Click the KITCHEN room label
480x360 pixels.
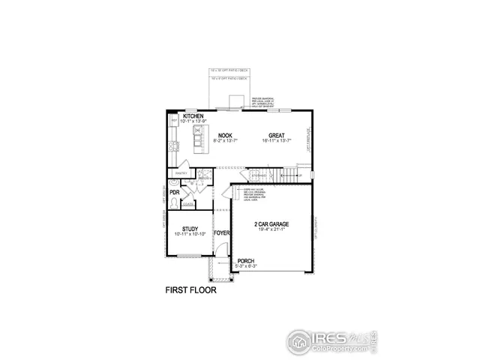[x=193, y=116]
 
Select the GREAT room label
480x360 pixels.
[x=277, y=135]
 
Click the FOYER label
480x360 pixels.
[x=221, y=233]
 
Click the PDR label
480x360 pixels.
[x=174, y=193]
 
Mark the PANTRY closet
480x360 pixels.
[x=181, y=173]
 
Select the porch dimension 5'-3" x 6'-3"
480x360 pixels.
[x=246, y=267]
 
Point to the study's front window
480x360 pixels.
[x=190, y=256]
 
